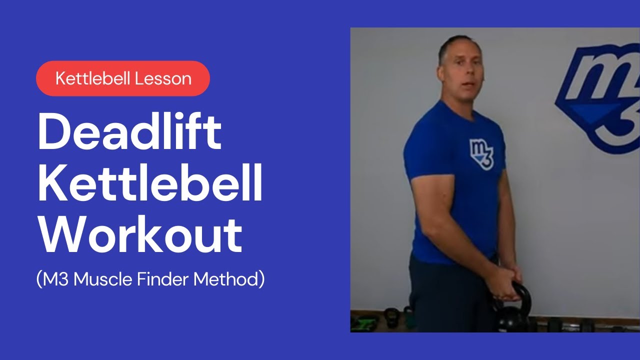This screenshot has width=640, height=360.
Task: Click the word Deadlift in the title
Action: point(129,132)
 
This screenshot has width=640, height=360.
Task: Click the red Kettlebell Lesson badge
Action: point(123,78)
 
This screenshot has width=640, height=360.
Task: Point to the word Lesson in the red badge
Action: point(167,78)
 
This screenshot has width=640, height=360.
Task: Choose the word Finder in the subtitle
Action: point(163,279)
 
